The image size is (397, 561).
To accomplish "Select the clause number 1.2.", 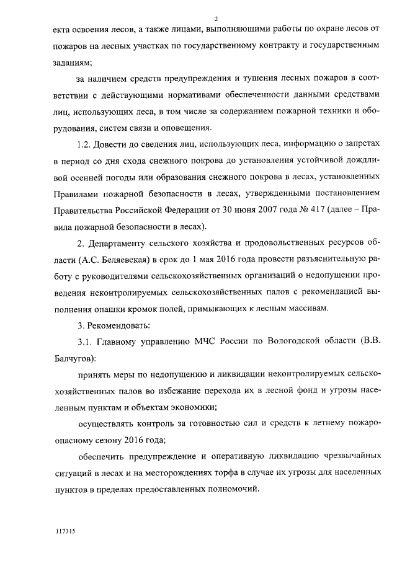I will (x=82, y=144).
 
